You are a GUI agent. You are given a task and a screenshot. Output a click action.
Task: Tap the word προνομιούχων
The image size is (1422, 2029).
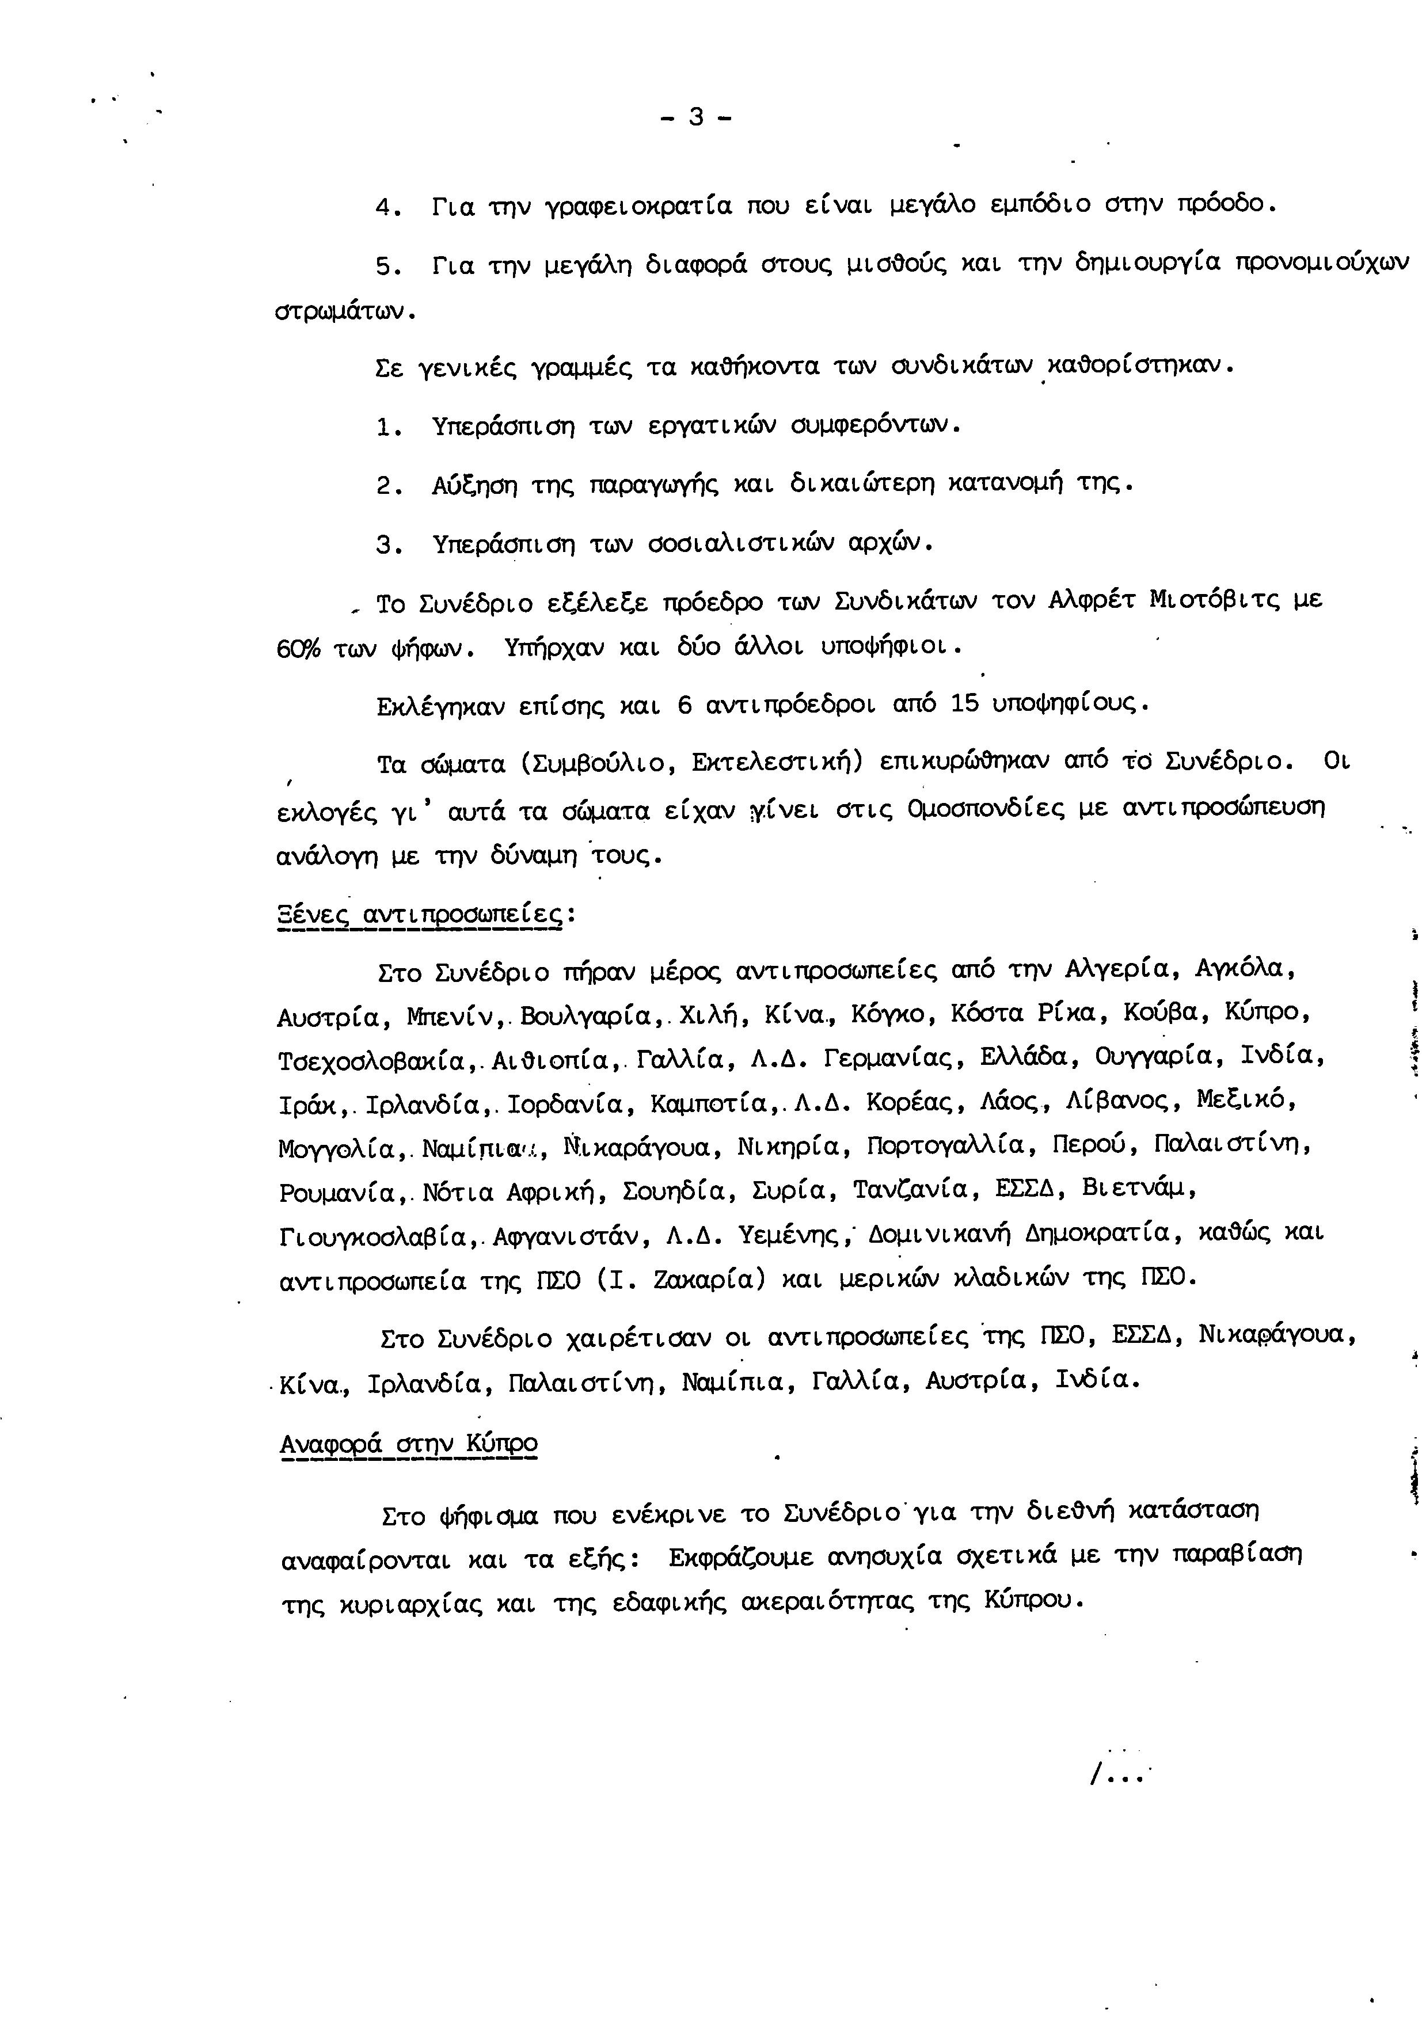click(x=1321, y=264)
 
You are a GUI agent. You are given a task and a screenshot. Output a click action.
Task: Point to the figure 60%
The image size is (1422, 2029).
click(x=299, y=649)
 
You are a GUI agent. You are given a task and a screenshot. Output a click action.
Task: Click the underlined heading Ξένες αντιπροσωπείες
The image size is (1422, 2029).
click(x=420, y=913)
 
